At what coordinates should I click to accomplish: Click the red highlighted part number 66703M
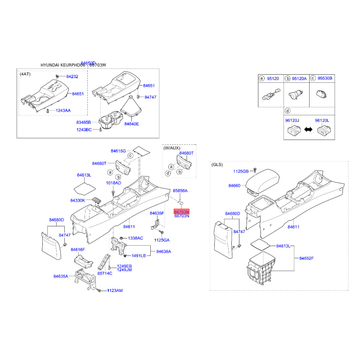click(x=182, y=211)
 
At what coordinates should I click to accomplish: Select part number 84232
click(x=72, y=77)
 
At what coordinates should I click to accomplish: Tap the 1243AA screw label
click(x=63, y=111)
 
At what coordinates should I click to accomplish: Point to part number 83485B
click(x=83, y=122)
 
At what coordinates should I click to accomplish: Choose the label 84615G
click(x=119, y=151)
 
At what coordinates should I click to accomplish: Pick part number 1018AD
click(x=113, y=183)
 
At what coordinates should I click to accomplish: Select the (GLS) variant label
click(x=217, y=165)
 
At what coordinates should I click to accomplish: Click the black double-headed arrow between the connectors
click(x=309, y=130)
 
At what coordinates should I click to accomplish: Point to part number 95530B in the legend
click(x=324, y=78)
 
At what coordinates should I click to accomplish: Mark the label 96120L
click(x=322, y=120)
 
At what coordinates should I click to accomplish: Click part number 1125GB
click(x=241, y=171)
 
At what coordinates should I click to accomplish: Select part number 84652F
click(x=306, y=258)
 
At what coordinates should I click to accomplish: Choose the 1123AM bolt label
click(x=114, y=291)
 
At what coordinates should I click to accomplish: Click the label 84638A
click(x=164, y=252)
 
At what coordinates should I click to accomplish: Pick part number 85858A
click(x=180, y=191)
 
